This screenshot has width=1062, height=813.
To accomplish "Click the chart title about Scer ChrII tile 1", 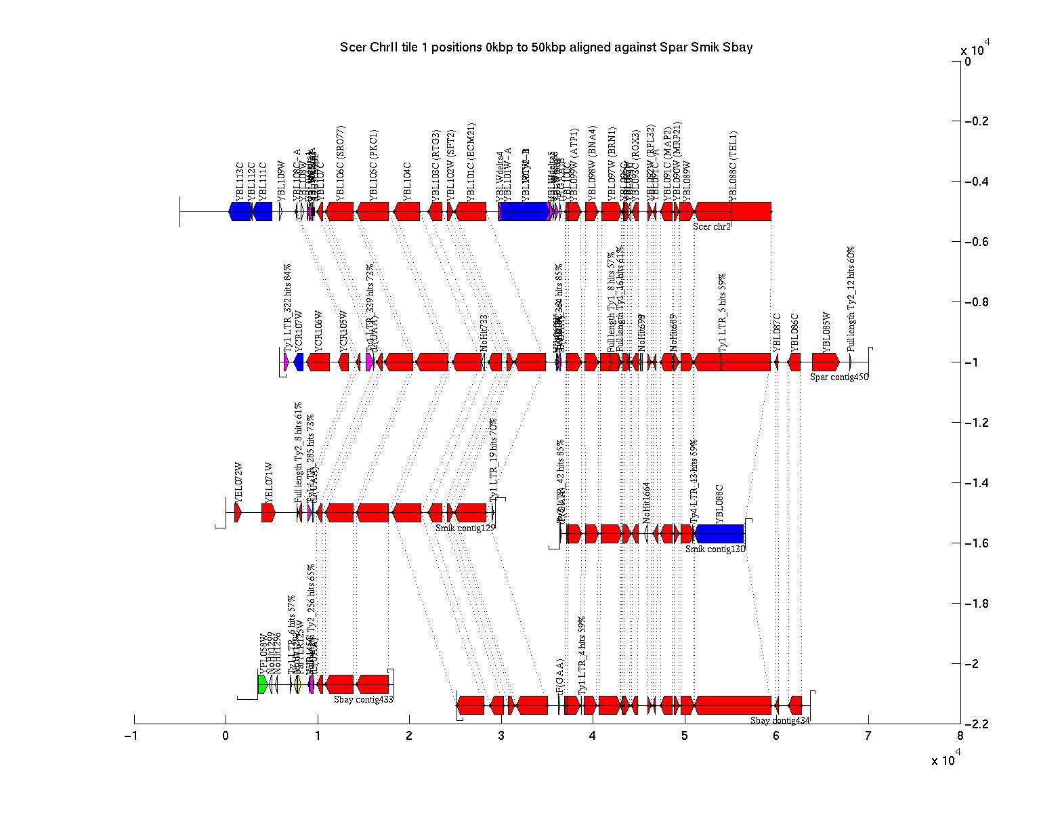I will point(546,47).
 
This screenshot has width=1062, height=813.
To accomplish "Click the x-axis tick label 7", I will point(868,736).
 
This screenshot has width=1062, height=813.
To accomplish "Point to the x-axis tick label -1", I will point(133,736).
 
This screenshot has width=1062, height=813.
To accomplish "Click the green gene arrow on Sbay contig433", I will point(263,684).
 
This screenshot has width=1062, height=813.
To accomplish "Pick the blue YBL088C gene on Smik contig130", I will point(720,534).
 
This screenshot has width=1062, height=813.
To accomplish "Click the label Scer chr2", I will point(712,226).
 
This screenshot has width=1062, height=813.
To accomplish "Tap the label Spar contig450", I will point(839,377).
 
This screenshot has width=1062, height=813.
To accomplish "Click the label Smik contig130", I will point(715,549).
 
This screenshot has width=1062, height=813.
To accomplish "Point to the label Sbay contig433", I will point(364,699).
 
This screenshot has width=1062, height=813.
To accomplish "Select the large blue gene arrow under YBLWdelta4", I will point(525,211).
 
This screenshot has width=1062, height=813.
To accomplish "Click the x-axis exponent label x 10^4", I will point(946,759).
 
